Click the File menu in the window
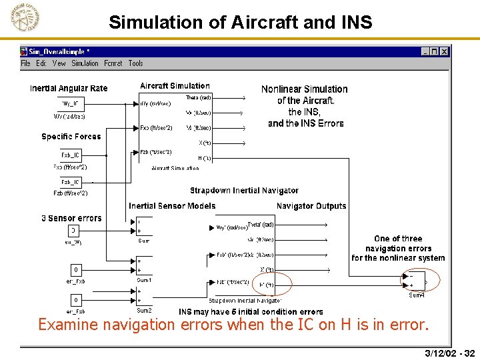pos(25,63)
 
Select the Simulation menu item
pos(85,63)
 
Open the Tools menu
pos(135,63)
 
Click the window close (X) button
pos(445,51)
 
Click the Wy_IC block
pos(70,103)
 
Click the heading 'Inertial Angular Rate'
pos(69,89)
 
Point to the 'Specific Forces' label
pos(71,137)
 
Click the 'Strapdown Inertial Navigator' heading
pos(244,191)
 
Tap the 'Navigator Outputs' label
pos(311,206)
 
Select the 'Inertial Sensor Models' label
pos(172,206)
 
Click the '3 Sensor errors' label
pos(72,218)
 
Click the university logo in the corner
pos(25,19)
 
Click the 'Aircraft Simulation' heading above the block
pos(175,86)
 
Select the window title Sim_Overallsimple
pos(59,51)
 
